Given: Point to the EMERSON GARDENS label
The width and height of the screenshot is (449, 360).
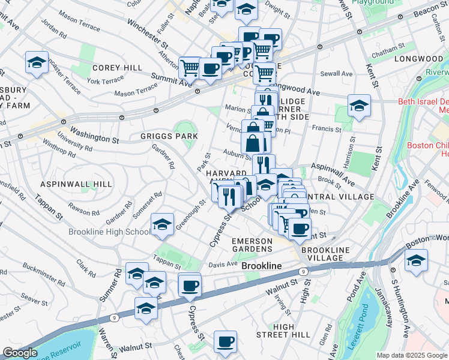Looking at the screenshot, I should (x=252, y=245).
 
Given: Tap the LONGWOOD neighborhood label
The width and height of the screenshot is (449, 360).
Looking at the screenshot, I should (x=418, y=59).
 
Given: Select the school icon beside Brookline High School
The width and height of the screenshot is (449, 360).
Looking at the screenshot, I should (x=161, y=224).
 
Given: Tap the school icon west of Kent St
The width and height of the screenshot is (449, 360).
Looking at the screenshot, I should (x=358, y=106).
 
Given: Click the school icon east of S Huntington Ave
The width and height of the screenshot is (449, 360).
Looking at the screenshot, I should (x=416, y=260).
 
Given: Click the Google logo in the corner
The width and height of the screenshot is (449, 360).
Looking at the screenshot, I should (x=20, y=353).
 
